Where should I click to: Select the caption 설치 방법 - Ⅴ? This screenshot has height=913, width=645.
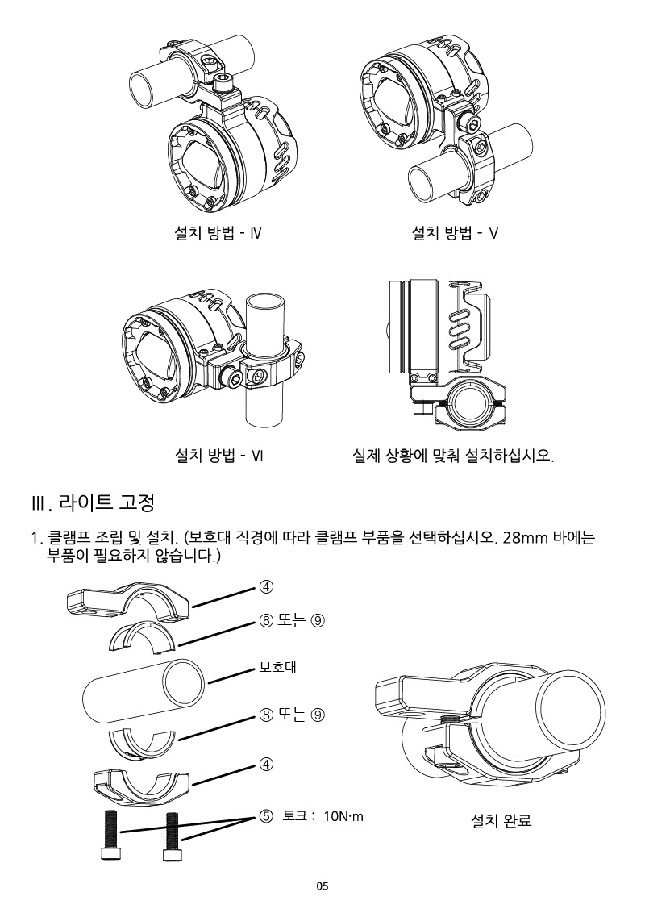pyautogui.click(x=455, y=234)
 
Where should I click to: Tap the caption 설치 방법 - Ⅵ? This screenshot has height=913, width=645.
pyautogui.click(x=219, y=456)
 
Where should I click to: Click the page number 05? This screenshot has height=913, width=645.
pyautogui.click(x=322, y=886)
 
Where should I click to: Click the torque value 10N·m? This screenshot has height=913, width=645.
pyautogui.click(x=343, y=816)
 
